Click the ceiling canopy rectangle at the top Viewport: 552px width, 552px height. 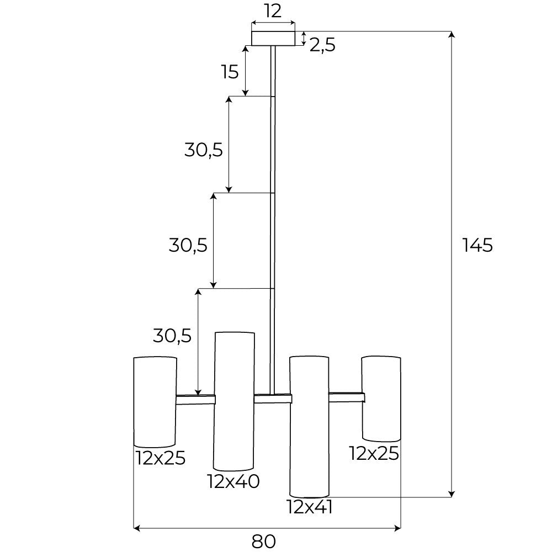273,38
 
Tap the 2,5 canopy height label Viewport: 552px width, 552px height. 322,45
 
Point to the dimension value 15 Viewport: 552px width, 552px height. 229,72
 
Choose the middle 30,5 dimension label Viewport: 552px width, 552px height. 188,245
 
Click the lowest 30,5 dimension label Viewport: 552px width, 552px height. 172,335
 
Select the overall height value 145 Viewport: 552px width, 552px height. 477,245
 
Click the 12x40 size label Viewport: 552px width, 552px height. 233,482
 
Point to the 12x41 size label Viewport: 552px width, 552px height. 310,507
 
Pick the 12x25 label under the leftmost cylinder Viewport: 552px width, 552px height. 161,458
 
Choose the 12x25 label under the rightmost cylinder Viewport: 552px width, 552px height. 374,453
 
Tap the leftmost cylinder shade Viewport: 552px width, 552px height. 155,401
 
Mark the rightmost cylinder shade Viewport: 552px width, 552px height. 381,399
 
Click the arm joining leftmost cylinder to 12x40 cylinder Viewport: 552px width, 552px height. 195,400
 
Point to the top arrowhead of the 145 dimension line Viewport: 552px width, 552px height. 452,35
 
